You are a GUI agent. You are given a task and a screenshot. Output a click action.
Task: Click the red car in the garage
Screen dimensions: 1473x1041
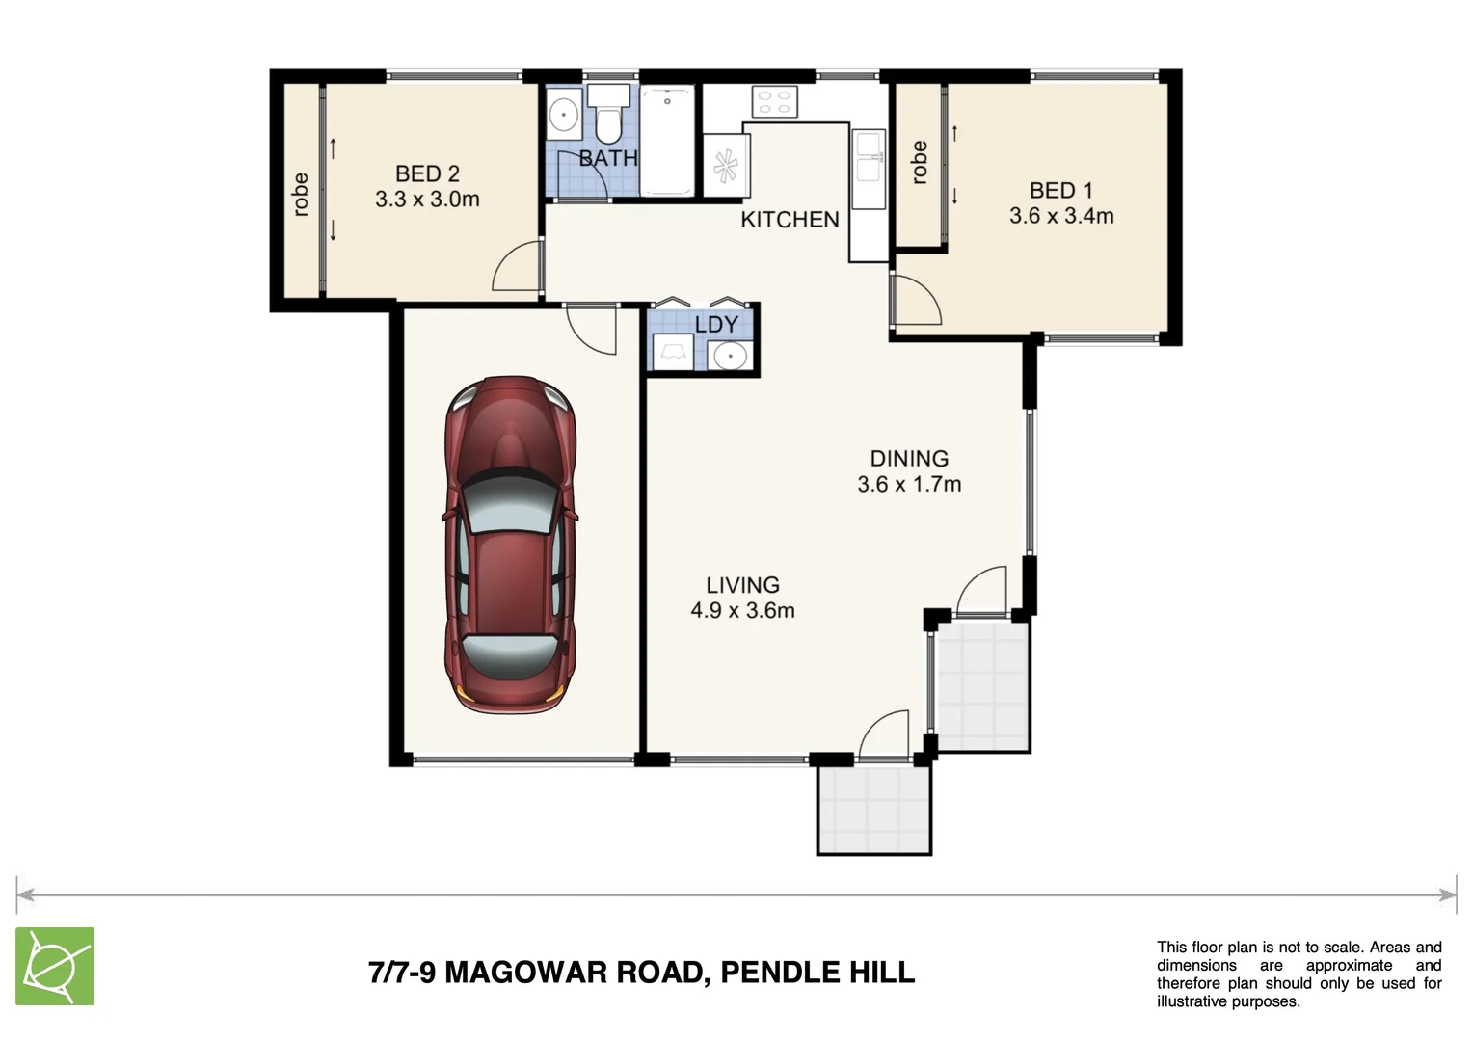(x=510, y=546)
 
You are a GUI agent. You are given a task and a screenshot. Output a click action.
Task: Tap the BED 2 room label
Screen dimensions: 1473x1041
(x=427, y=173)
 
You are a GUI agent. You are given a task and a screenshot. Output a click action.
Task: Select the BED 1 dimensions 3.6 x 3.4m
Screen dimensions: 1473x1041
(x=1061, y=216)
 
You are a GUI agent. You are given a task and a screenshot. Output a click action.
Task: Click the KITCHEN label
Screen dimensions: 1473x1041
(x=790, y=220)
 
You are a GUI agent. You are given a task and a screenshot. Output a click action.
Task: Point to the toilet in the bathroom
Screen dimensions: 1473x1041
(x=609, y=114)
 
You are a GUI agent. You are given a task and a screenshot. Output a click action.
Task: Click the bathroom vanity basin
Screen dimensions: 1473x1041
(x=564, y=115)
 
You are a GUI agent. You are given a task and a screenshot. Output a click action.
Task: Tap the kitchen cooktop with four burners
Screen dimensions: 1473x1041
(x=775, y=102)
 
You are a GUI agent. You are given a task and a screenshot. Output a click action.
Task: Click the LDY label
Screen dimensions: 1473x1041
(x=717, y=324)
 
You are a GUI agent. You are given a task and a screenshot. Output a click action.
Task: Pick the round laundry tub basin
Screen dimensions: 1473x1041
(x=729, y=356)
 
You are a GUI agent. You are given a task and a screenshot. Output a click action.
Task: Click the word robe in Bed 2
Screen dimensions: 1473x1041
(x=300, y=195)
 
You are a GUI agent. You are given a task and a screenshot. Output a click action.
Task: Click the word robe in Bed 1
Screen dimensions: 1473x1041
(x=920, y=162)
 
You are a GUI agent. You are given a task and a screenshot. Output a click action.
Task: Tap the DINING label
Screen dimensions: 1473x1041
(x=909, y=459)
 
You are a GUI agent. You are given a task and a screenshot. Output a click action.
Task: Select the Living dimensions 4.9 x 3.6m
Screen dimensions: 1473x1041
(x=742, y=610)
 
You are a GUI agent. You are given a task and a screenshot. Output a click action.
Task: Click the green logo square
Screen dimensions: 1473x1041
(x=55, y=966)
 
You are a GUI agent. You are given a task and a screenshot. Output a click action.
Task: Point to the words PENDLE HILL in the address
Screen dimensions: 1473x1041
(x=817, y=972)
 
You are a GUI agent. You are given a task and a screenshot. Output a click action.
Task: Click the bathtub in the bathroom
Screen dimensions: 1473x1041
(x=667, y=141)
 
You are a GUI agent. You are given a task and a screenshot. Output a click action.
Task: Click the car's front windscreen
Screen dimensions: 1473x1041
(x=508, y=503)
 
